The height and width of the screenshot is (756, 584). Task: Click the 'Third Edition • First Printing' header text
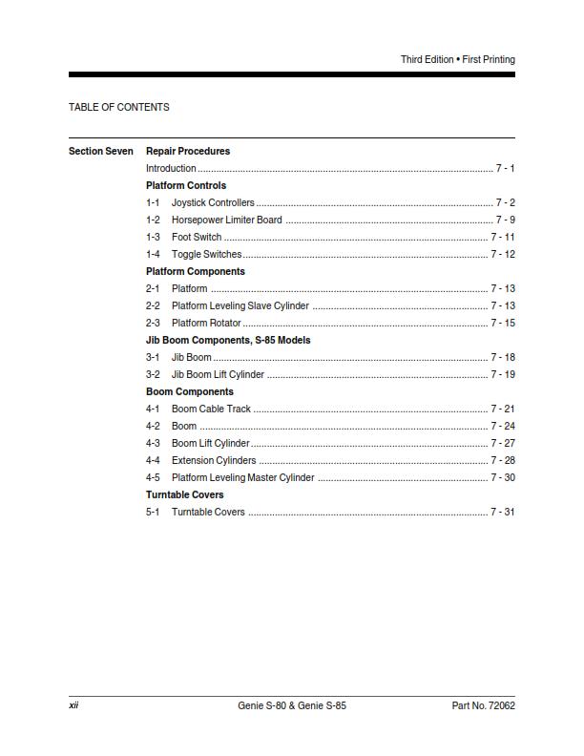[457, 59]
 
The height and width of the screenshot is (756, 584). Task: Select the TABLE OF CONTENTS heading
[119, 107]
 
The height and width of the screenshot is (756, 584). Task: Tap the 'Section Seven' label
[101, 151]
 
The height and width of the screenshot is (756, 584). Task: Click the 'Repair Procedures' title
[188, 151]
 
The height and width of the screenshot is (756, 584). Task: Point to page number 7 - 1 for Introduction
[505, 168]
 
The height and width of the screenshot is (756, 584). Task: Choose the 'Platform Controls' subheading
[186, 185]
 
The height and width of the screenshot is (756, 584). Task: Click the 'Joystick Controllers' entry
[213, 202]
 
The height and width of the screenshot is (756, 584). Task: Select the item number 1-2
[153, 220]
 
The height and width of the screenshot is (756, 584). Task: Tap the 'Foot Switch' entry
[197, 237]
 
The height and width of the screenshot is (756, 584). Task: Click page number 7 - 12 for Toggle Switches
[503, 254]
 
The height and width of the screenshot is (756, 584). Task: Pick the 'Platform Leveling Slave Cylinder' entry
[240, 305]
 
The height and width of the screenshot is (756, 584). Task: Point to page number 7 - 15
[503, 323]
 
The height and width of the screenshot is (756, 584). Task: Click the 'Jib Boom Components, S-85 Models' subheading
[228, 340]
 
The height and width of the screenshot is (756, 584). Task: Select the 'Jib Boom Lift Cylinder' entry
[218, 374]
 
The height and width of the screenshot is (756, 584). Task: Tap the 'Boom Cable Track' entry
[211, 409]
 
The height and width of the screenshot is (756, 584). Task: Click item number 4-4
[153, 460]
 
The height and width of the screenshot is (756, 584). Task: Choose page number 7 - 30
[503, 477]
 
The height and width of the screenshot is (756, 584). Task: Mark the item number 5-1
[153, 512]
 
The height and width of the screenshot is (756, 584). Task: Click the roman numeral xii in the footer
[73, 706]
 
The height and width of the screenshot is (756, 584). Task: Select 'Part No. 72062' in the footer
[483, 706]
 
